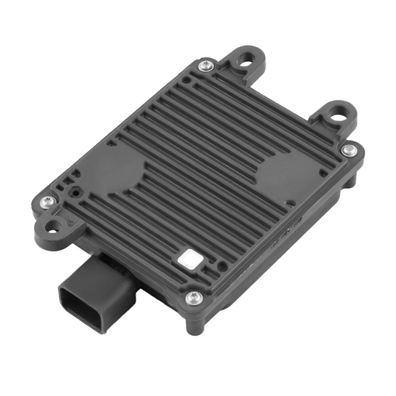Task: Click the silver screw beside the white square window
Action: (194, 297)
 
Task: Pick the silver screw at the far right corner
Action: (348, 150)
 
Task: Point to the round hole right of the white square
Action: (222, 267)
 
